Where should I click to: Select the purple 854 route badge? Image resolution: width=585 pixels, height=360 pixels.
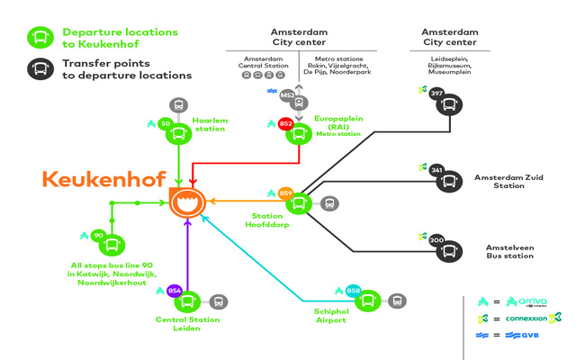pyautogui.click(x=175, y=290)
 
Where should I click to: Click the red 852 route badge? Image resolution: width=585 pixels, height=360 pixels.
pyautogui.click(x=284, y=123)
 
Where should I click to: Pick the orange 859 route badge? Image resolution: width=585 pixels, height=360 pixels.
pyautogui.click(x=286, y=193)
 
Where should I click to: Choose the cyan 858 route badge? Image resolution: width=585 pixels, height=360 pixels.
pyautogui.click(x=354, y=290)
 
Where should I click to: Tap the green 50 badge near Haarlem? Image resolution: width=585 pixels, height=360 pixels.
pyautogui.click(x=165, y=123)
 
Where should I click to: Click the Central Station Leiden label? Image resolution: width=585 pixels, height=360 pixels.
pyautogui.click(x=189, y=324)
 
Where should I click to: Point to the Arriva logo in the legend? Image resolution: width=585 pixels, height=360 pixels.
pyautogui.click(x=526, y=301)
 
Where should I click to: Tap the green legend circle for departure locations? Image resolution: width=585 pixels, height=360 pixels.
pyautogui.click(x=40, y=37)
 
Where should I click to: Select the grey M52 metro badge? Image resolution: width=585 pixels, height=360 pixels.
pyautogui.click(x=288, y=94)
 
